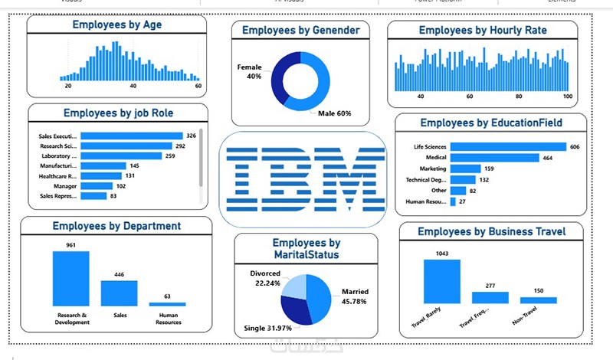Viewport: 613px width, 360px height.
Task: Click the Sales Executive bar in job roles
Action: pyautogui.click(x=131, y=136)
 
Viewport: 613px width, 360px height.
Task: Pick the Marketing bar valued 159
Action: pyautogui.click(x=465, y=169)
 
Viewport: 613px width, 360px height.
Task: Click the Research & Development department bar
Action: pyautogui.click(x=70, y=279)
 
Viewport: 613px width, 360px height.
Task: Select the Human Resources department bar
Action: pyautogui.click(x=167, y=304)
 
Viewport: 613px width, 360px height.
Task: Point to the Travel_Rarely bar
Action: pyautogui.click(x=441, y=281)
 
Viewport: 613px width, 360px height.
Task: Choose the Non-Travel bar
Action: pyautogui.click(x=538, y=300)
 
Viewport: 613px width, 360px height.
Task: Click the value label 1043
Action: pyautogui.click(x=441, y=254)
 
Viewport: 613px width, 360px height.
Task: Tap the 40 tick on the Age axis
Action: pyautogui.click(x=133, y=87)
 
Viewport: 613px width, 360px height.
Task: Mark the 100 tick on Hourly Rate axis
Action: pyautogui.click(x=567, y=97)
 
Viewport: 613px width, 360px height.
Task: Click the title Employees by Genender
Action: pyautogui.click(x=300, y=31)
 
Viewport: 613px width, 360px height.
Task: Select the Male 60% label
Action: pyautogui.click(x=335, y=113)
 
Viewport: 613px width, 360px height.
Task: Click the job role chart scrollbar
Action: pyautogui.click(x=202, y=158)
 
